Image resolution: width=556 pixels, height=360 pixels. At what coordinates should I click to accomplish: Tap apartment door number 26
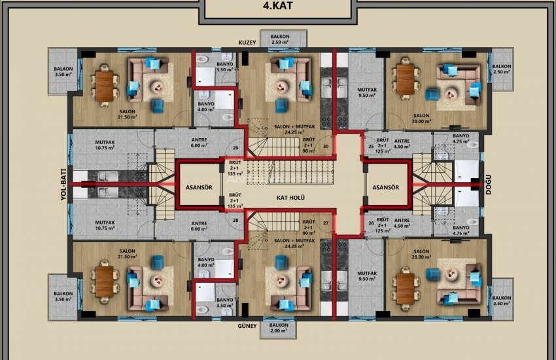pos(371,223)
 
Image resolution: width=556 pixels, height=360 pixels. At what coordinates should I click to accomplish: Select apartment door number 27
pos(325,223)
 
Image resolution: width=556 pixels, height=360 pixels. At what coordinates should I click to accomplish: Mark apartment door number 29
pos(235,149)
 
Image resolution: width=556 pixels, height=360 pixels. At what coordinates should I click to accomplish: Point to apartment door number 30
pos(325,147)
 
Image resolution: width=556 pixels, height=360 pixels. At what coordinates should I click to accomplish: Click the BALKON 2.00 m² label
pos(279,329)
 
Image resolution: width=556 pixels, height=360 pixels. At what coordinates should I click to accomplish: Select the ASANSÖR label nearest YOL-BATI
pos(200,187)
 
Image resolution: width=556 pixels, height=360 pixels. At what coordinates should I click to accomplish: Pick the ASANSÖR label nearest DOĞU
pos(386,187)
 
